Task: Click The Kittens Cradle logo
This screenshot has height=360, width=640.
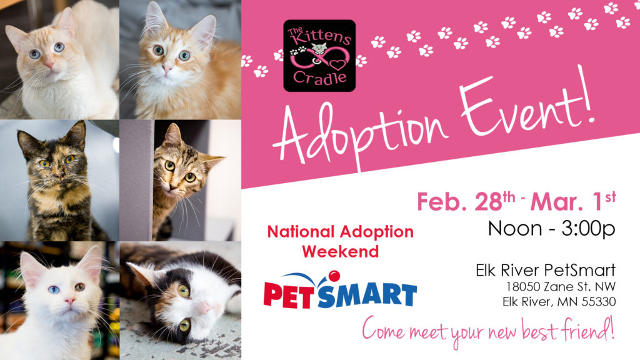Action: [319, 56]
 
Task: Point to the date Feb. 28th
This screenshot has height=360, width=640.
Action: [466, 201]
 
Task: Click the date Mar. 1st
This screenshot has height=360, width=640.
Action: [573, 201]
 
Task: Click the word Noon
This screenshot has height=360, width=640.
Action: [515, 229]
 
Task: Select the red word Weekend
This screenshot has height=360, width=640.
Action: [341, 251]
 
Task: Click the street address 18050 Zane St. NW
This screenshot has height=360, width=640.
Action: [561, 286]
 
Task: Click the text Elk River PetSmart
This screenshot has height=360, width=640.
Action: [546, 270]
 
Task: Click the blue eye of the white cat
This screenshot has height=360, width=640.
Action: [54, 290]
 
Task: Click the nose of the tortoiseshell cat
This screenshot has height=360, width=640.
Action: [60, 175]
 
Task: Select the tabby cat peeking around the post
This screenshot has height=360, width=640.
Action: [184, 179]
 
